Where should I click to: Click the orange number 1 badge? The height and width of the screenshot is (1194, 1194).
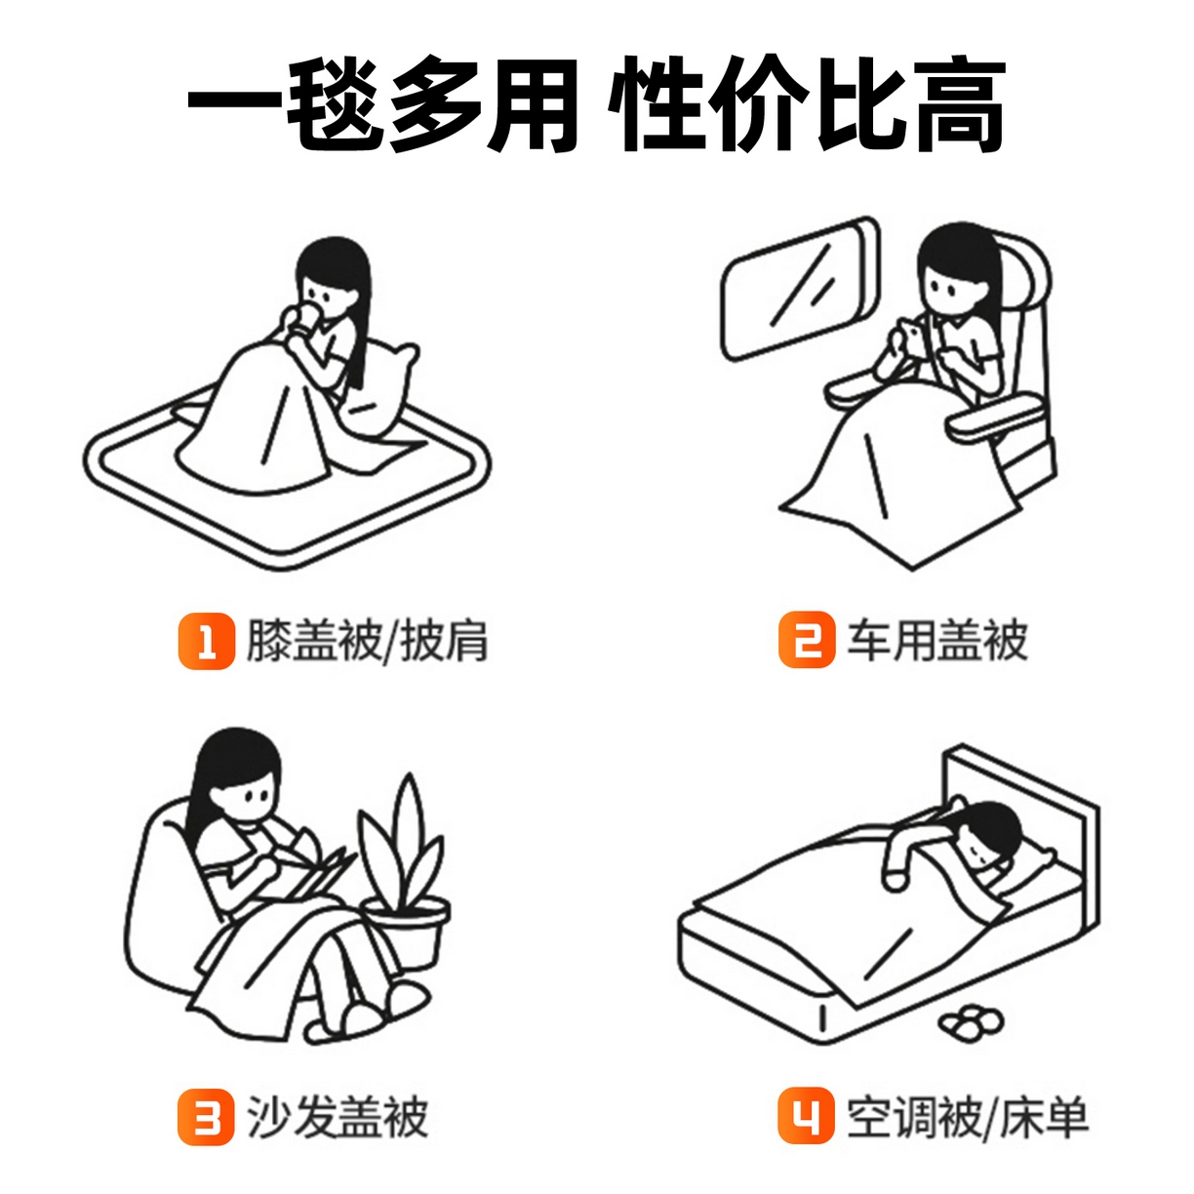[x=206, y=641]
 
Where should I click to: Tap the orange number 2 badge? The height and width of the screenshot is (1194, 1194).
[x=807, y=640]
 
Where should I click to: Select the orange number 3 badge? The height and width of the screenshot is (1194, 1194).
[x=206, y=1117]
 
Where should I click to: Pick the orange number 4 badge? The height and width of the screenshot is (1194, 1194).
[x=806, y=1116]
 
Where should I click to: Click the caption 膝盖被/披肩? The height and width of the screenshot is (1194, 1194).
[x=367, y=641]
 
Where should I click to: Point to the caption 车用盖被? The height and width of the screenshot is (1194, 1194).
[x=936, y=641]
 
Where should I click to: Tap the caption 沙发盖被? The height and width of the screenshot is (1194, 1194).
[x=337, y=1117]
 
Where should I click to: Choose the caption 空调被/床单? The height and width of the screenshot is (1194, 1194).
[x=967, y=1117]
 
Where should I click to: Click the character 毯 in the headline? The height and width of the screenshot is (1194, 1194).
[x=333, y=105]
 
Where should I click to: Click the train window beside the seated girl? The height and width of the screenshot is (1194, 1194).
[x=798, y=288]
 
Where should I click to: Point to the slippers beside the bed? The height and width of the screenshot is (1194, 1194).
[x=971, y=1019]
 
